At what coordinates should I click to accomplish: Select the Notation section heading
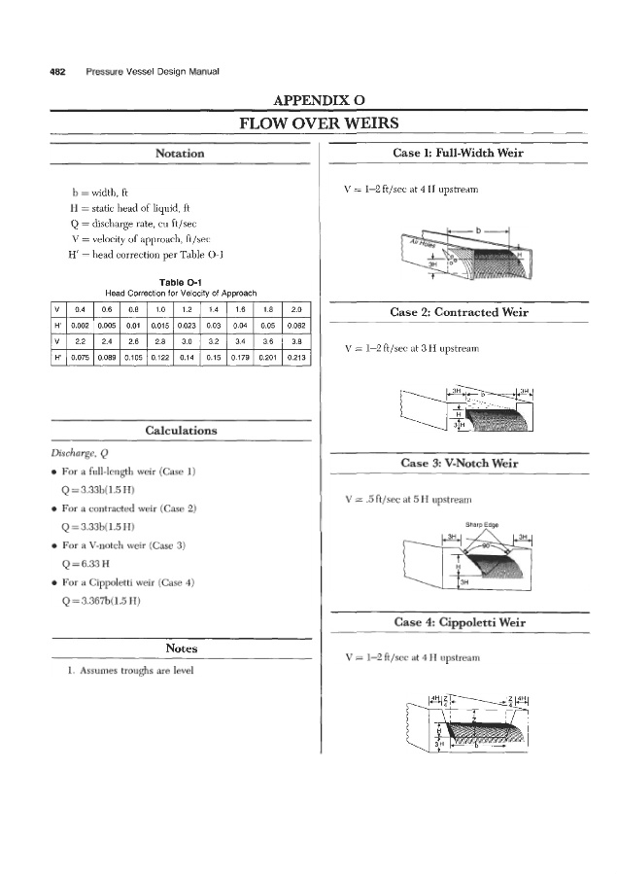click(x=181, y=154)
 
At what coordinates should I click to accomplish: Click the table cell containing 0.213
click(x=298, y=358)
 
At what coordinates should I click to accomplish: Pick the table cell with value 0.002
click(x=83, y=325)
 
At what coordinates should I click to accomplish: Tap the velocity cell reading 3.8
click(x=298, y=342)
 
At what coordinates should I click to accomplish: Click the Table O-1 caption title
click(x=181, y=282)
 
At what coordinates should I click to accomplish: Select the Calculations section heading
click(x=181, y=430)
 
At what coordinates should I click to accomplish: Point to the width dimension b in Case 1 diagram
click(x=480, y=230)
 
